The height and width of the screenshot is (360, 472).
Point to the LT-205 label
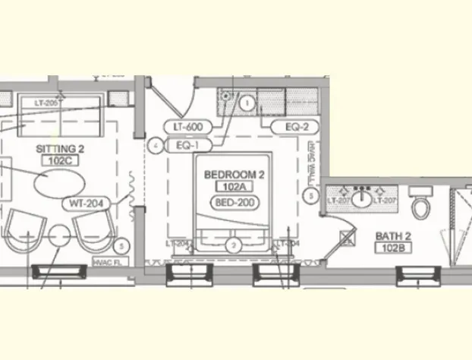[46, 103]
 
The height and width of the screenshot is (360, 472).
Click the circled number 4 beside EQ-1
[155, 144]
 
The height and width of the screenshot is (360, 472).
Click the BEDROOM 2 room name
[234, 175]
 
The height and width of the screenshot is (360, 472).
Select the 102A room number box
[234, 186]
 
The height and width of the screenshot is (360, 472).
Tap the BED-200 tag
[234, 202]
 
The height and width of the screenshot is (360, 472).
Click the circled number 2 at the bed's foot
[234, 245]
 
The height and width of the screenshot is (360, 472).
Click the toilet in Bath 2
[420, 204]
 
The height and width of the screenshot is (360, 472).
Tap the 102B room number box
[393, 248]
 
